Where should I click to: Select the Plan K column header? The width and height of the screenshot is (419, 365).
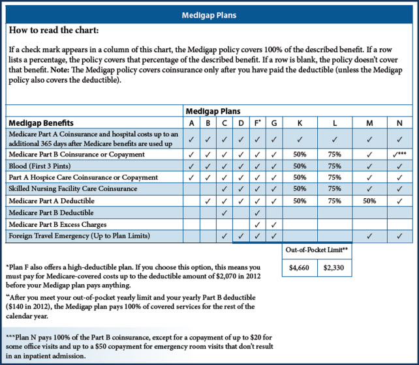[300, 123]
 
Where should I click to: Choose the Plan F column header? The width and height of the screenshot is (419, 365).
[256, 123]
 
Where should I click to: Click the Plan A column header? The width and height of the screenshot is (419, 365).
[191, 123]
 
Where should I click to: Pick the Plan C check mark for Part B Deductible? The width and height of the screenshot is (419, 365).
[224, 212]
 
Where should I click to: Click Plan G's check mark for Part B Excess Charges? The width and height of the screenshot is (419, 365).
[273, 224]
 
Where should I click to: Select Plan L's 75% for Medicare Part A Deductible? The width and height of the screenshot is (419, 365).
[334, 201]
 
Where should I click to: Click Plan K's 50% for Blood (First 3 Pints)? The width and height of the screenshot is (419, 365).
[300, 166]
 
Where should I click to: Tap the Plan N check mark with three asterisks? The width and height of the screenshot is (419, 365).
[397, 154]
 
